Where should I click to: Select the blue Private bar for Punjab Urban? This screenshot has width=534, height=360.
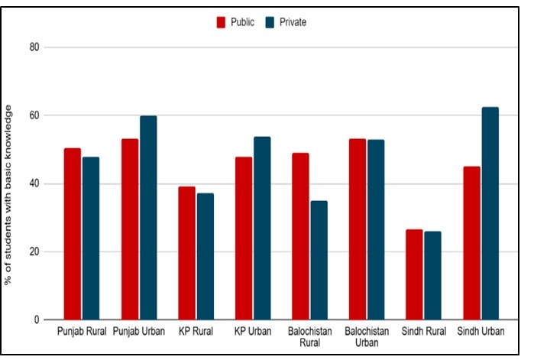[147, 218]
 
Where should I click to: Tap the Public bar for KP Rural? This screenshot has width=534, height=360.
[186, 253]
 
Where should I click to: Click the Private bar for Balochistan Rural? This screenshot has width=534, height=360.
[318, 260]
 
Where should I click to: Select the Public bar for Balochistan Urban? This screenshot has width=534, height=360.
[356, 229]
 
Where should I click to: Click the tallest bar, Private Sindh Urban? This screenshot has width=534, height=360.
[489, 213]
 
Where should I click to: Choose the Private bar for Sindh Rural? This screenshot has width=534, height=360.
[432, 275]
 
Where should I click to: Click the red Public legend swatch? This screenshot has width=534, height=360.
[222, 22]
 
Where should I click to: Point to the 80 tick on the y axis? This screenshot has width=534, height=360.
[34, 47]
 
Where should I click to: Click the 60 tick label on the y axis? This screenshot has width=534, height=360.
[34, 115]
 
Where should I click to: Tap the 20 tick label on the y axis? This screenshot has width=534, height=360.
[34, 251]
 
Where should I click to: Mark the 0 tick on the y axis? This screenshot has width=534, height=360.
[36, 319]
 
